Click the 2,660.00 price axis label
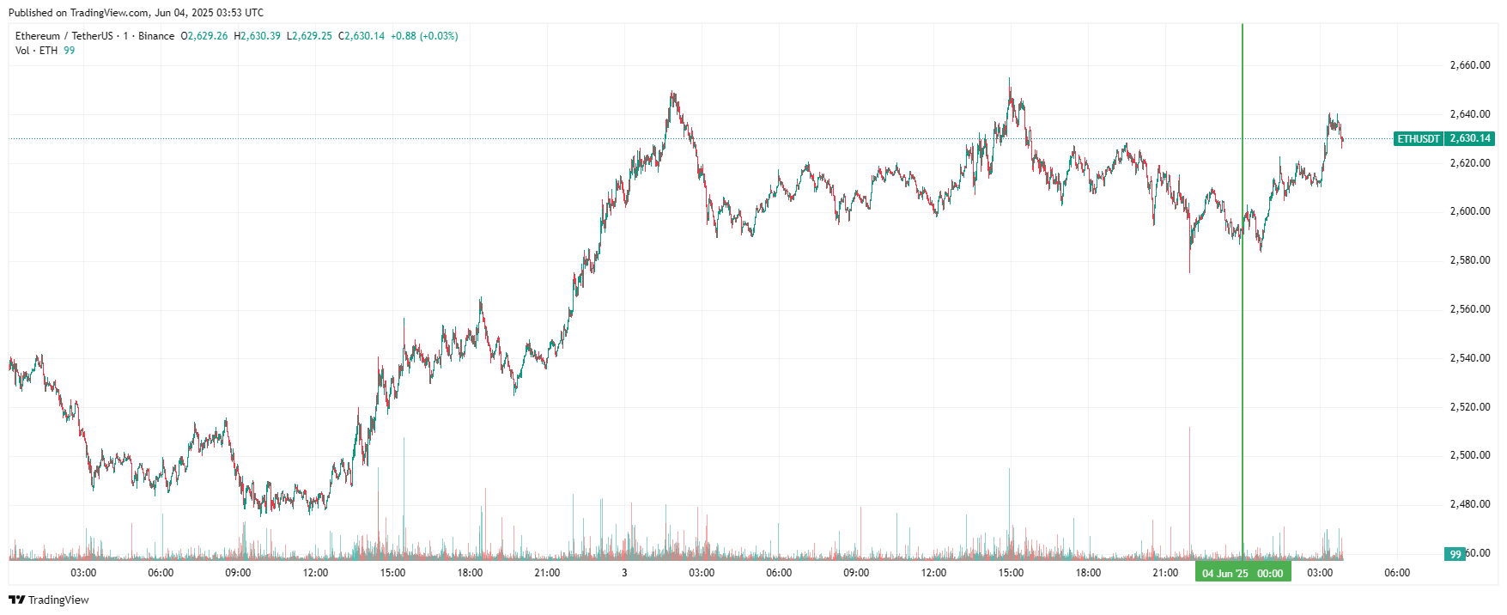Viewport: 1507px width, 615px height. tap(1469, 65)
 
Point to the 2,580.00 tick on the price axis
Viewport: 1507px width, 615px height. tap(1469, 260)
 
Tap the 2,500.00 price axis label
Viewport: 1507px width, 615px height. tap(1469, 455)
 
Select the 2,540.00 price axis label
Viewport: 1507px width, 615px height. tap(1469, 358)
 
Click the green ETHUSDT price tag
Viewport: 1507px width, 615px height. tap(1419, 138)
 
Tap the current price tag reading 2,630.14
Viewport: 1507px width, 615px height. tap(1470, 138)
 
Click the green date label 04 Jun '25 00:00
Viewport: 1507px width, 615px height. tap(1243, 573)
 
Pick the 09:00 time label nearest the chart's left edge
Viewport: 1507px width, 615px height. tap(238, 573)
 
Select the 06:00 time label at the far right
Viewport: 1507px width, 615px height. tap(1397, 573)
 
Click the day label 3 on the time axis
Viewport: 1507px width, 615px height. tap(624, 573)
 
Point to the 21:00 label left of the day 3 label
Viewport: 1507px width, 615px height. tap(547, 573)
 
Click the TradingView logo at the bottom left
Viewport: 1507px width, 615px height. tap(49, 600)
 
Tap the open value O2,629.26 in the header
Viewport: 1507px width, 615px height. tap(204, 36)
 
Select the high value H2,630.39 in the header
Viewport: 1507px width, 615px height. tap(258, 36)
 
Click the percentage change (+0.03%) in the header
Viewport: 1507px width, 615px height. tap(438, 36)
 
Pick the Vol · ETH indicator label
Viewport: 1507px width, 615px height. tap(37, 51)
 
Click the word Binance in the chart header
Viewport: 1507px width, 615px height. tap(156, 36)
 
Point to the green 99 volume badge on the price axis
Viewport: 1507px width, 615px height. tap(1455, 554)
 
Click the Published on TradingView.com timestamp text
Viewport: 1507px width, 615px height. tap(136, 13)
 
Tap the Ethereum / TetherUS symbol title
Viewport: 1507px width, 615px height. tap(64, 36)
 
